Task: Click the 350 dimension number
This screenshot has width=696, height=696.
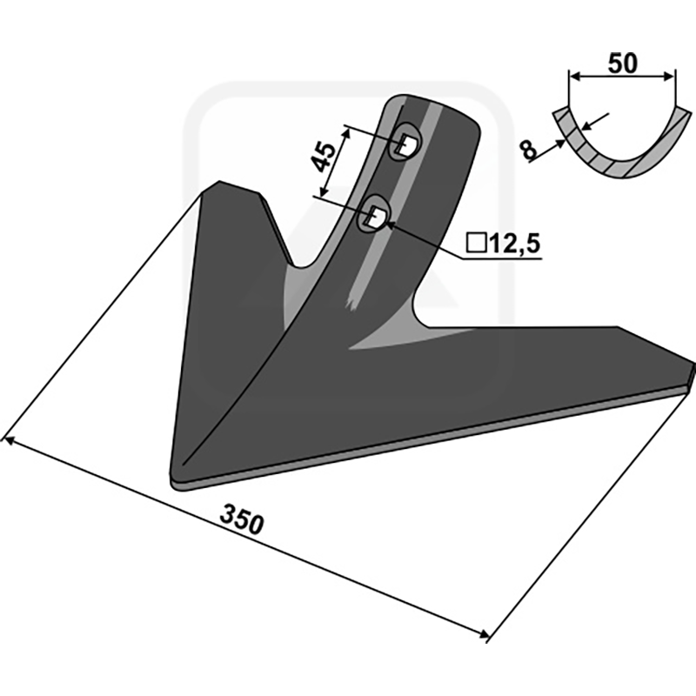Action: pyautogui.click(x=242, y=519)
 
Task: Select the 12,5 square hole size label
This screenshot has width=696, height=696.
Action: pyautogui.click(x=514, y=244)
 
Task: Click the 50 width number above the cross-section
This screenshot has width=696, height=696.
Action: pyautogui.click(x=622, y=63)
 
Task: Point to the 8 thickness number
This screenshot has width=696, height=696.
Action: pyautogui.click(x=528, y=151)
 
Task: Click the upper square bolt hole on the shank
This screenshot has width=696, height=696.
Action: pyautogui.click(x=405, y=144)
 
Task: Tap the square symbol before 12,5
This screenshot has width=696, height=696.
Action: pyautogui.click(x=477, y=244)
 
